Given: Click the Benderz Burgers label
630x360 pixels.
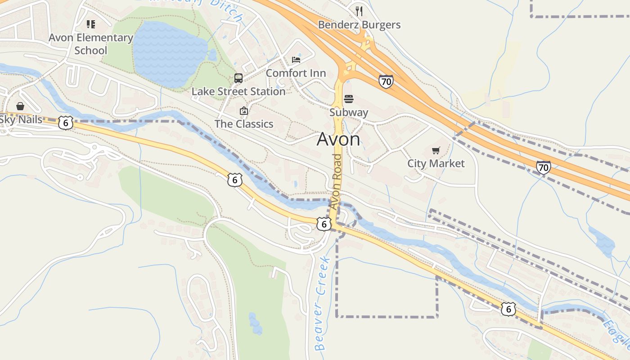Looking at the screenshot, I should pos(359,25).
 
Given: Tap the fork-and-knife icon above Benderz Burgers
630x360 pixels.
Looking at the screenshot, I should pos(359,10).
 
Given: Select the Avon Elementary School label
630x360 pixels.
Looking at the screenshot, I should pos(91,44).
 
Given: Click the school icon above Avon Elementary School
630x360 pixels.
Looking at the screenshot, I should pos(91,24).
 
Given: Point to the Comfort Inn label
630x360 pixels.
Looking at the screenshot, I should pos(296,73).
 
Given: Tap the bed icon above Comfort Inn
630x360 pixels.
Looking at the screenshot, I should pos(296,59).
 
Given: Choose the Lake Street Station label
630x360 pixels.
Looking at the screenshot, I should pos(238,91).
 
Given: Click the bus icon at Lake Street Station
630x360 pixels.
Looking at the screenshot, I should pos(238,78).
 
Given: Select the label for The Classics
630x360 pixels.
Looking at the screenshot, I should pos(244,124).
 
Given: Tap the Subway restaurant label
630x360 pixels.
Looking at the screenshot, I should pos(349,112).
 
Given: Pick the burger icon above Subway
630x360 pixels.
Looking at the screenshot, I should pos(349,99).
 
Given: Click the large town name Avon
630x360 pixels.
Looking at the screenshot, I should pos(338,139).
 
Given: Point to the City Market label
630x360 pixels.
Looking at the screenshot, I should pos(436,163).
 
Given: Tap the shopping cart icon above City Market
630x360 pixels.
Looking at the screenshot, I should pos(436,150).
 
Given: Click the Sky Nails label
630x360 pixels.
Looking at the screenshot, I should pos(21,119).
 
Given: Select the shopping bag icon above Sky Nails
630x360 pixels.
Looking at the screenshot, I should pos(20,106).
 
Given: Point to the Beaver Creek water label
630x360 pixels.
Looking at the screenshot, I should pos(322,304).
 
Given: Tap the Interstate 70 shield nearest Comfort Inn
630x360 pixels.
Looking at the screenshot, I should pos(386,81).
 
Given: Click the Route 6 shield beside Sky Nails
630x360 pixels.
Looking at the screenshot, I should pos(66,123).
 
